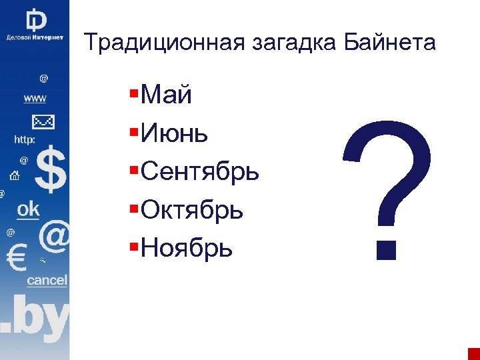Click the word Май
[167, 96]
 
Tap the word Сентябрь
[200, 173]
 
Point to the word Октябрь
[193, 211]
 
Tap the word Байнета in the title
[390, 43]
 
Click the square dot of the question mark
[386, 248]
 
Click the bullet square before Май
[135, 91]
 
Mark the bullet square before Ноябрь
[135, 244]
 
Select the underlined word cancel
[47, 281]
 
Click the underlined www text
[35, 98]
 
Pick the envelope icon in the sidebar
[43, 122]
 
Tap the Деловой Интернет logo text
[35, 37]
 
